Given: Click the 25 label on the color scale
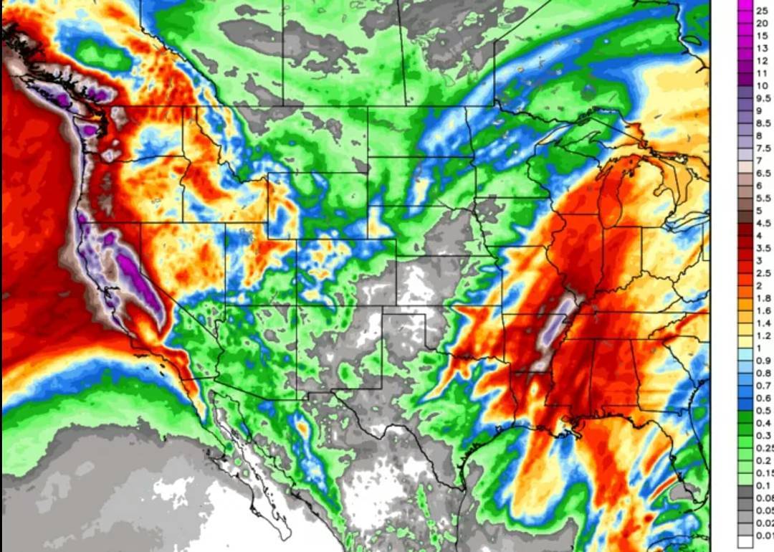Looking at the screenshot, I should (762, 11).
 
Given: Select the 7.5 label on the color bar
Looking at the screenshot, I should (763, 148).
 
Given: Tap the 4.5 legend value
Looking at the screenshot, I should (763, 223).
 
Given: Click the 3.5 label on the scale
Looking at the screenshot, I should (763, 248).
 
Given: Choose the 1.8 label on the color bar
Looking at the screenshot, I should (763, 298).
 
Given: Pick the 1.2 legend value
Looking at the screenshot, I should (763, 335).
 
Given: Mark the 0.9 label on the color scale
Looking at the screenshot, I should (763, 361).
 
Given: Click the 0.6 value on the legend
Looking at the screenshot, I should (763, 398).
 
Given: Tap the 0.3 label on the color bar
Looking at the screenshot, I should (763, 435).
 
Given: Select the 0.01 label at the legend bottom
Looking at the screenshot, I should (764, 534).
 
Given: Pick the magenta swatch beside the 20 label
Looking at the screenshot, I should (745, 23).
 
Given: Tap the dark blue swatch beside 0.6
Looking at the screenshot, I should (745, 398).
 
